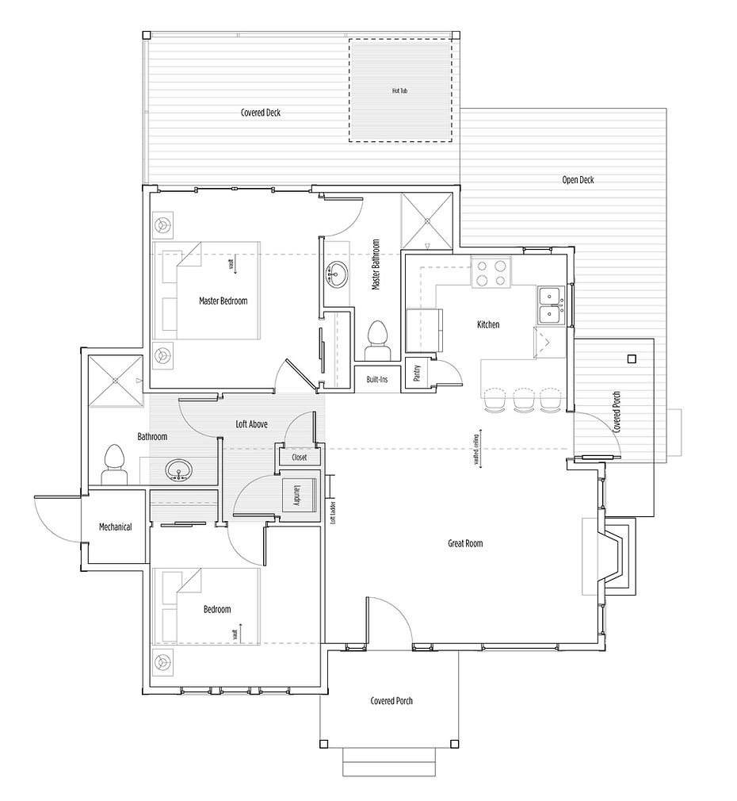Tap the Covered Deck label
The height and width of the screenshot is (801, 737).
click(x=261, y=113)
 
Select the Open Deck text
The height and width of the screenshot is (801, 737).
click(x=578, y=180)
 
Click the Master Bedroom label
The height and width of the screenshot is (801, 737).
click(x=223, y=301)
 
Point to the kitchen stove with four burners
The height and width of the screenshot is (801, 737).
click(x=491, y=273)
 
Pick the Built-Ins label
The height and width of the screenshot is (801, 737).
click(x=376, y=380)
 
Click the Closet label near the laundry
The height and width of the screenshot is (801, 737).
click(x=299, y=458)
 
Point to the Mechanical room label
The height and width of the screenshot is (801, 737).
click(x=115, y=527)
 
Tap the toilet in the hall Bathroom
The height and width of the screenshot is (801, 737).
click(x=114, y=464)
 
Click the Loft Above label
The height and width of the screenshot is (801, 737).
click(x=252, y=425)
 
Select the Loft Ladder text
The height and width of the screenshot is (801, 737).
click(x=334, y=515)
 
